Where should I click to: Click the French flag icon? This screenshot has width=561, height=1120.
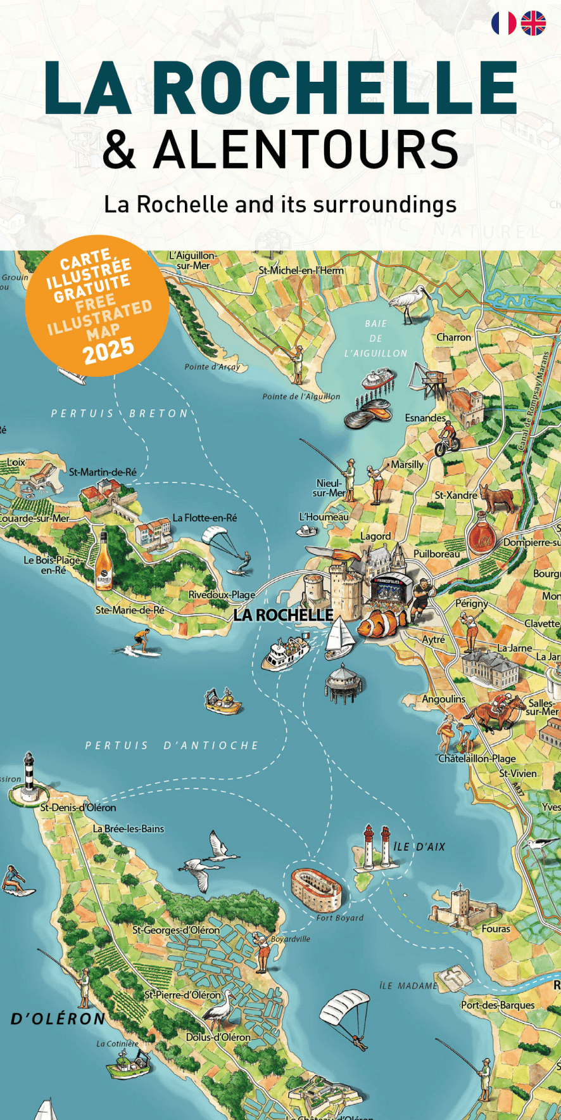[x=503, y=23]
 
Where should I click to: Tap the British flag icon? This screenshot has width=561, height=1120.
[x=533, y=23]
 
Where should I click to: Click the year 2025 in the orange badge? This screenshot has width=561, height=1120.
[x=108, y=350]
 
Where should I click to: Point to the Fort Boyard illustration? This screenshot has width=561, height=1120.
[x=316, y=889]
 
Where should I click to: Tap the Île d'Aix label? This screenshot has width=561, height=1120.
[x=419, y=847]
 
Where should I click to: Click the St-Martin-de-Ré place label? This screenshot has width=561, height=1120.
[x=103, y=472]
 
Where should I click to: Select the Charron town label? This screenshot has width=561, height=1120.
[x=453, y=337]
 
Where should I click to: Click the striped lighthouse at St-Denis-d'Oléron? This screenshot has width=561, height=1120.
[x=28, y=778]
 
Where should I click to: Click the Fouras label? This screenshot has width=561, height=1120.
[x=496, y=929]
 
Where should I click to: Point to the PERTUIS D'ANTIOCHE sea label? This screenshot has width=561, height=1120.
[x=172, y=745]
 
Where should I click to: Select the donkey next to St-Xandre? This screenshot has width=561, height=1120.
[x=498, y=498]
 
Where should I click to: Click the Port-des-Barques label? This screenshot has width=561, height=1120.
[x=498, y=1005]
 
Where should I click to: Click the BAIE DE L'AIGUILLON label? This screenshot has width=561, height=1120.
[x=375, y=338]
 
